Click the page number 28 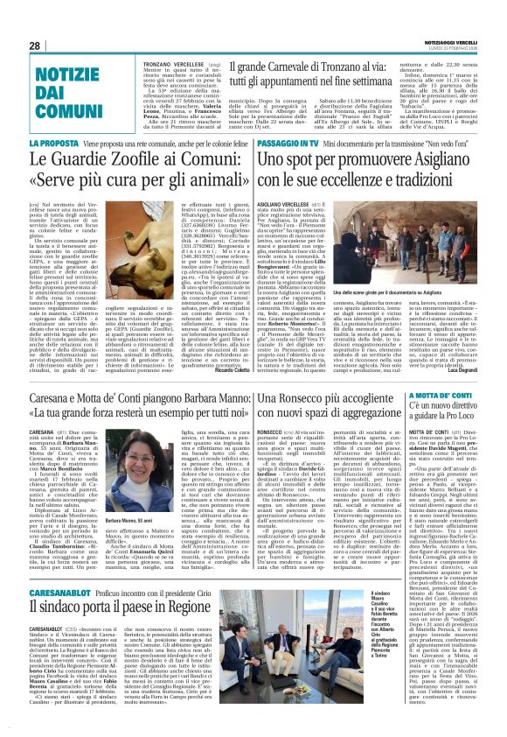pyautogui.click(x=36, y=46)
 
